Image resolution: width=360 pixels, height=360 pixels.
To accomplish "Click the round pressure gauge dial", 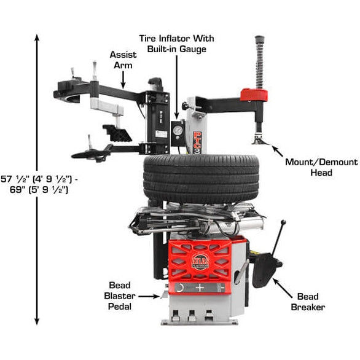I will coord(178,131).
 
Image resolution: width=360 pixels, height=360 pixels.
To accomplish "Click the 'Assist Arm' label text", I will coord(123,60).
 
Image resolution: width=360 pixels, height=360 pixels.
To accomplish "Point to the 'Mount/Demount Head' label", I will coord(321,167).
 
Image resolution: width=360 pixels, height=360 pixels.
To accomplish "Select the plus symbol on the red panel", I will coord(200,287).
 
